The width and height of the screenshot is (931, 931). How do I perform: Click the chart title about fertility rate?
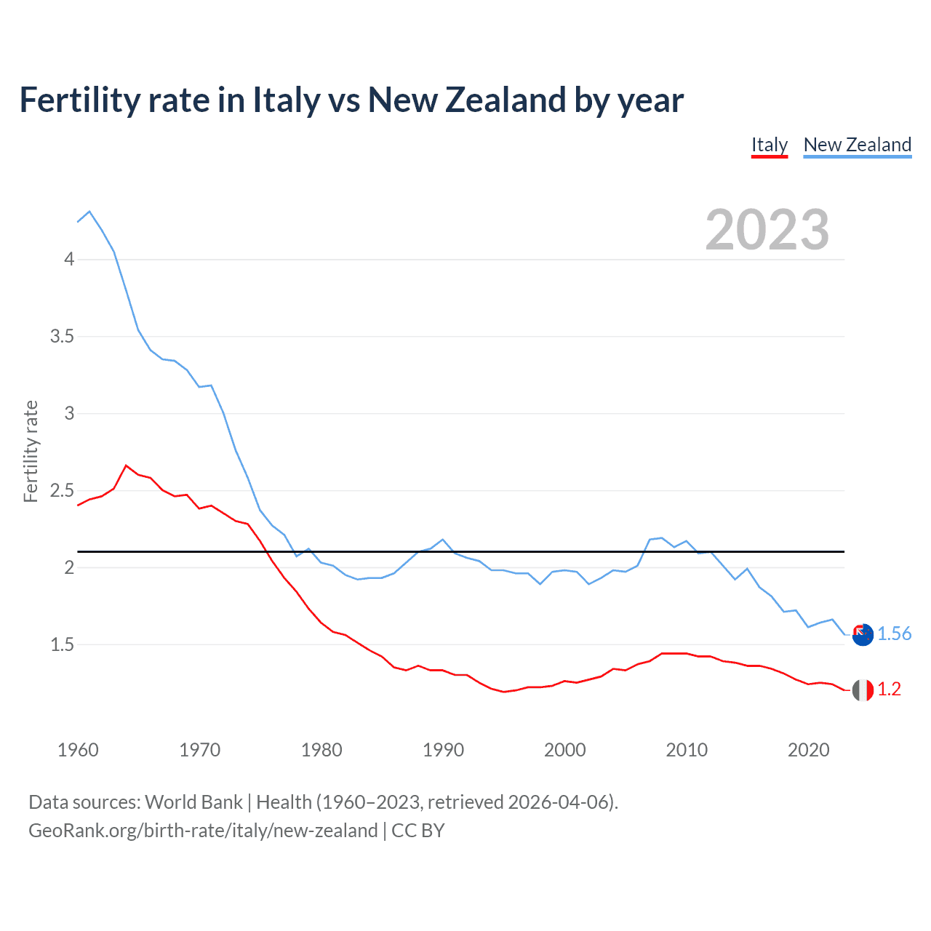pos(351,100)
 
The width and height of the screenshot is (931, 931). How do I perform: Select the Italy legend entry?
pos(770,145)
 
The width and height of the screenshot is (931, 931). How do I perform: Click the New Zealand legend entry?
pos(857,145)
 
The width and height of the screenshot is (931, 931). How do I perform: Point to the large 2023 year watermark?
pos(767,230)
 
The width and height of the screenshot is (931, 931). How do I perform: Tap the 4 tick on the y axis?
pos(69,260)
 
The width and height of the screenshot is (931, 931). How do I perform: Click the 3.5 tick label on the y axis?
pos(63,337)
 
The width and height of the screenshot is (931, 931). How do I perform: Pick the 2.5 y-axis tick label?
pos(63,491)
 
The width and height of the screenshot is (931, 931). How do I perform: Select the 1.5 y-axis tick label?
pos(63,645)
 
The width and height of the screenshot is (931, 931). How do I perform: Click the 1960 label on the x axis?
pos(78,750)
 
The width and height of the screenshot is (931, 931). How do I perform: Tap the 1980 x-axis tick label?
pos(321,750)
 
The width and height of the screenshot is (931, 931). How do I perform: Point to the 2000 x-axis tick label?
pos(564,750)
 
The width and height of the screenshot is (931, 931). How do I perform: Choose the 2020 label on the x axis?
pos(808,750)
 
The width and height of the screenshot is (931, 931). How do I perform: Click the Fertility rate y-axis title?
pos(31,451)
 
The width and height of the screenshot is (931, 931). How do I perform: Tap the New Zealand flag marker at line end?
pos(863,635)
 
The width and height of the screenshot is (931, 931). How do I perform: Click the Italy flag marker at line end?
pos(863,690)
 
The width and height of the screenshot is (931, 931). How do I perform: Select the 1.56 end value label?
pos(894,634)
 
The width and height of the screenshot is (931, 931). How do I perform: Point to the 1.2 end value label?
pos(889,690)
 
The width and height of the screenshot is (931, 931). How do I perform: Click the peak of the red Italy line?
pos(127,465)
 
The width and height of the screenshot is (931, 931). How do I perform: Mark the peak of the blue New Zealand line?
pos(89,212)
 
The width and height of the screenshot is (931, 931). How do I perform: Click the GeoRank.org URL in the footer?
pos(203,831)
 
